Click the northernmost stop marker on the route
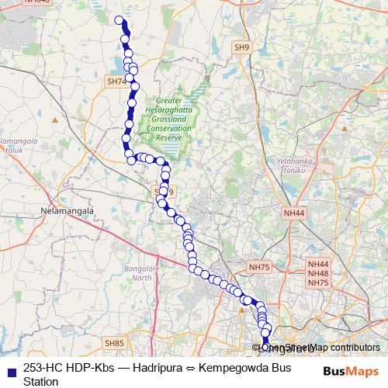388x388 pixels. [119, 20]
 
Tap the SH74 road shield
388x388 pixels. [116, 81]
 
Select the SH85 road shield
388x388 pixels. [114, 343]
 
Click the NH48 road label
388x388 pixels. [318, 274]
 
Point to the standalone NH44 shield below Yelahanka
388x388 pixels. [294, 212]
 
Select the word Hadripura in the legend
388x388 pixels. [157, 369]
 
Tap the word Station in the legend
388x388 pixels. [41, 382]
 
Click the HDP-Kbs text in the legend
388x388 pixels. [94, 369]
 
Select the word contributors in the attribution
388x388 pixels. [352, 348]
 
